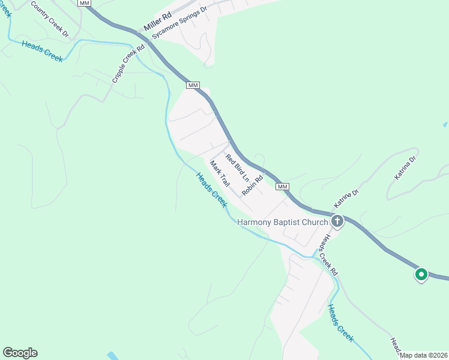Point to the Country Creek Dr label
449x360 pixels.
point(50,20)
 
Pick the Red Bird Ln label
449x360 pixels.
point(237,167)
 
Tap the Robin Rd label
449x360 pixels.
point(253,186)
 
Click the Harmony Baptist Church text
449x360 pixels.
point(283,222)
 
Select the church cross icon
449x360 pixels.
point(337,222)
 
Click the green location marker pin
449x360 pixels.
point(421,275)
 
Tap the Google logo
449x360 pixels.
point(20,353)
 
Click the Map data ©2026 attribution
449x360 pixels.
point(424,355)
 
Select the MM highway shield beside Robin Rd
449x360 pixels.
point(283,187)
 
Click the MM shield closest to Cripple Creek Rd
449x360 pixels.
point(193,85)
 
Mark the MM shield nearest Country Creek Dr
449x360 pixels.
point(85,3)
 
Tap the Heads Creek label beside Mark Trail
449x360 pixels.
point(212,190)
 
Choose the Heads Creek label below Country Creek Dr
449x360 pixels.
point(42,50)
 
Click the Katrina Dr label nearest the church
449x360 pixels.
point(346,198)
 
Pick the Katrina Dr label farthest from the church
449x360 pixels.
point(405,169)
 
